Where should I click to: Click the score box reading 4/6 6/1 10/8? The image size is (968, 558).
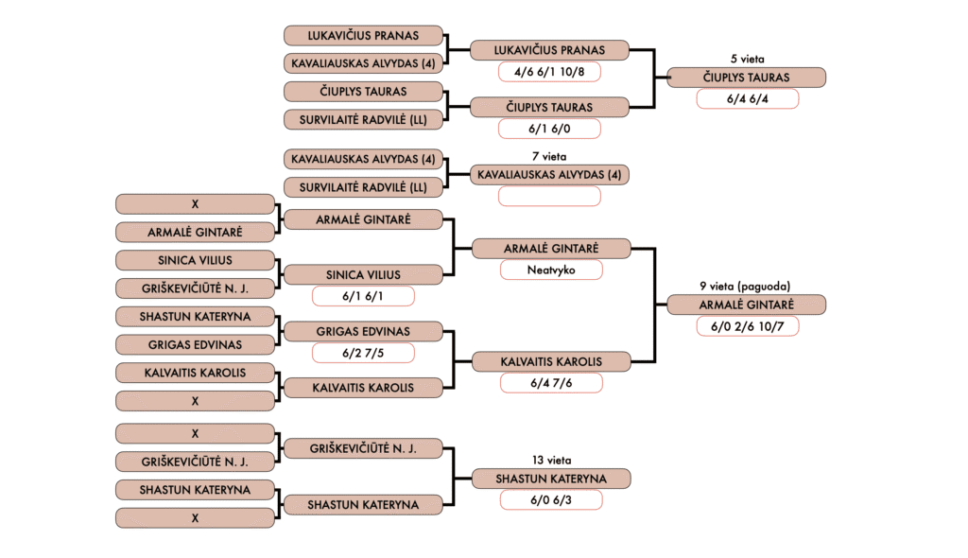[550, 71]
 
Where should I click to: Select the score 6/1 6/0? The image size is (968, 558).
[550, 129]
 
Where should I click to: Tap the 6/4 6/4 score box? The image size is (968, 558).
[747, 99]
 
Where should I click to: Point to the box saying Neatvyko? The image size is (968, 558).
[550, 270]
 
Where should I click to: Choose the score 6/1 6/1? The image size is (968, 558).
[363, 296]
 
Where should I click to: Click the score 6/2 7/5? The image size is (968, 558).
[363, 352]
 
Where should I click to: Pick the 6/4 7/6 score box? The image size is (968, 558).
[550, 382]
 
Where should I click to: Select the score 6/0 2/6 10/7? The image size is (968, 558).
[747, 326]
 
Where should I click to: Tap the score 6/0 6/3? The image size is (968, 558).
[550, 499]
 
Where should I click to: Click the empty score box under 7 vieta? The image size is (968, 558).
[550, 196]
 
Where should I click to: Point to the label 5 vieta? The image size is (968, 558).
[747, 59]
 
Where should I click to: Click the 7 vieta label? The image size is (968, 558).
[550, 156]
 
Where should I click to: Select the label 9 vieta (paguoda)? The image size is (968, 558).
[745, 286]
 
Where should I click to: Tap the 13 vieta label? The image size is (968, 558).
[550, 461]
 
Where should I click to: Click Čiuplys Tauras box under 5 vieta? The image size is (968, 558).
[747, 78]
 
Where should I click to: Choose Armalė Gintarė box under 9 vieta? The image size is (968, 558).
[747, 305]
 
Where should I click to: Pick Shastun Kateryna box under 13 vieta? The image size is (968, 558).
[550, 479]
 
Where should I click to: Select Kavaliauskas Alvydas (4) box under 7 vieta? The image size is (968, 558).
[550, 174]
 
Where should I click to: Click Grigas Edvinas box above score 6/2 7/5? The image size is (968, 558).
[363, 331]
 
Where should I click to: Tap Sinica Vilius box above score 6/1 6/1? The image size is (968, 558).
[363, 275]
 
